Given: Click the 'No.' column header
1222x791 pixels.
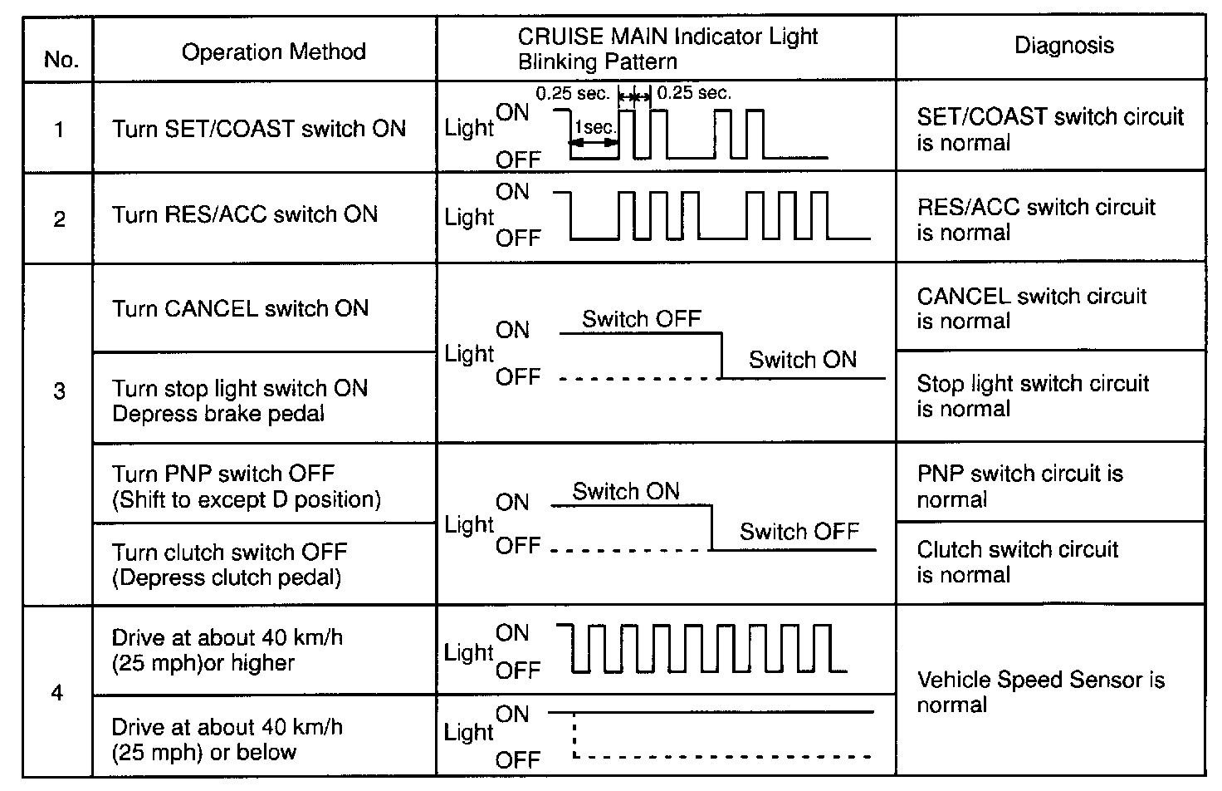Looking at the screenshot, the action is (61, 60).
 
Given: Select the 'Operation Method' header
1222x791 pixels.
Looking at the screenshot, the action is (273, 52).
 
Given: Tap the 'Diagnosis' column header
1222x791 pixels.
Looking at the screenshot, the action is (1063, 45).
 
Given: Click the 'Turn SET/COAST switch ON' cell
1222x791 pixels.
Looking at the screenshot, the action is (259, 129).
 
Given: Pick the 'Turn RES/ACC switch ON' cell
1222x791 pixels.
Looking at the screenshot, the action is (245, 214).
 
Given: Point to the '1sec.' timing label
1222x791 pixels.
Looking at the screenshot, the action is (595, 128).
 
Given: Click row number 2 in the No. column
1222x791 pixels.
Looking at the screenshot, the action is (59, 219).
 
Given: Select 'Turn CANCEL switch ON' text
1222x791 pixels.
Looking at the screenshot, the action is (240, 308).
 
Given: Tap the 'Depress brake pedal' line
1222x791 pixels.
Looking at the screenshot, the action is (218, 414).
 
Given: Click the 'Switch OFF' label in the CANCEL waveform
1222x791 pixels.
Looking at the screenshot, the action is (641, 319).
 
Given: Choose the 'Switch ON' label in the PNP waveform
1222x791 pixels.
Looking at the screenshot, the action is (626, 491).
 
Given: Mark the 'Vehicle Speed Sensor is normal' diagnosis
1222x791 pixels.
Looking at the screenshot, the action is (1040, 692).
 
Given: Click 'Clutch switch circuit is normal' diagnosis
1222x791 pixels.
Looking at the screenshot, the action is (1017, 562).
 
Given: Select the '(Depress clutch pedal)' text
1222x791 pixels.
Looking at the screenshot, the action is (227, 577).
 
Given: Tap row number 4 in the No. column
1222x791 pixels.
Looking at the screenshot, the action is (57, 692).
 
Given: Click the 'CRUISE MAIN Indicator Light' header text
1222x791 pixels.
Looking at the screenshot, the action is (667, 37).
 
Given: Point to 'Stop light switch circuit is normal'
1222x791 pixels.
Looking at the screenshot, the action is (1032, 395).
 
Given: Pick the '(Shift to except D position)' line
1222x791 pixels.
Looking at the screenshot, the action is (247, 499).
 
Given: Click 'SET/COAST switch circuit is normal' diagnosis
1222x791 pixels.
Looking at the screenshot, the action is (1049, 129).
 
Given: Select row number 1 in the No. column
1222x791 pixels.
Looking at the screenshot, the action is (59, 130).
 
